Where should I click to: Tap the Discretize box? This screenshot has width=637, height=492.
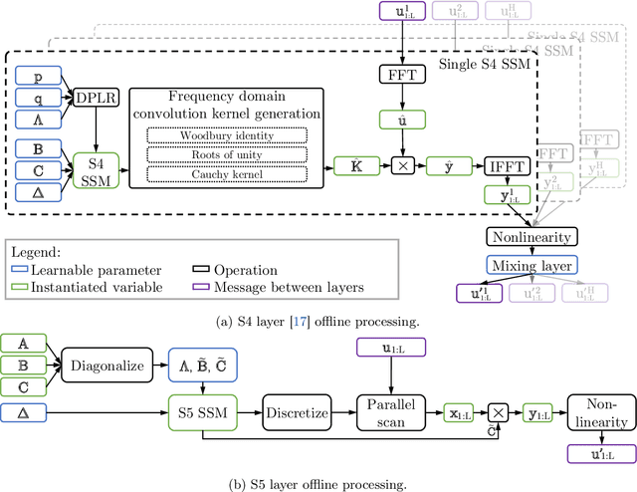pos(296,409)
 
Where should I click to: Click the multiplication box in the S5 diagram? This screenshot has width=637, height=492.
pos(498,410)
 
